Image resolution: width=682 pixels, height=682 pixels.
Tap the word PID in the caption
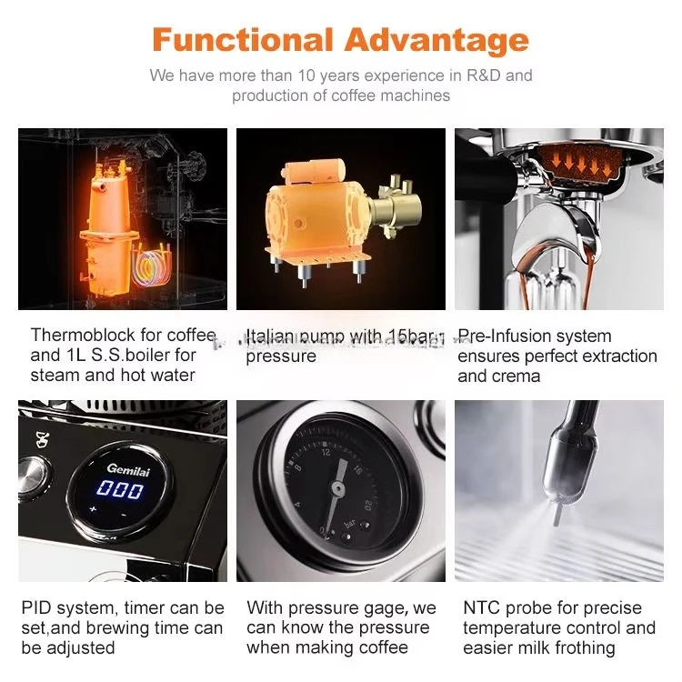tap(37, 607)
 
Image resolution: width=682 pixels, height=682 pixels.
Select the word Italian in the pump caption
tap(270, 336)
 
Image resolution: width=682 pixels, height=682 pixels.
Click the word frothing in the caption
tap(577, 647)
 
